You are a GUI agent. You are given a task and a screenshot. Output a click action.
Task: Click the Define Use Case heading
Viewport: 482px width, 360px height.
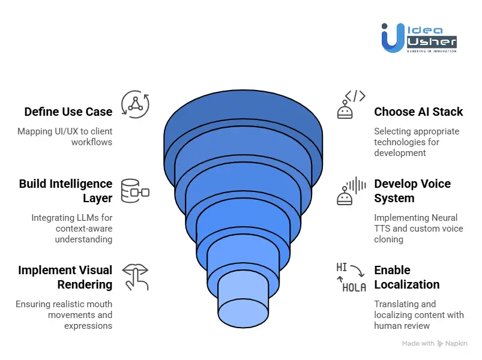(x=68, y=112)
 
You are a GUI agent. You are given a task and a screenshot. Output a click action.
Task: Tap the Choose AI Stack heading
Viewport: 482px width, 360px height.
(x=418, y=112)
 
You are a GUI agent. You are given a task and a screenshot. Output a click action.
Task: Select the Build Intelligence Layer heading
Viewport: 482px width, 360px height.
(x=65, y=191)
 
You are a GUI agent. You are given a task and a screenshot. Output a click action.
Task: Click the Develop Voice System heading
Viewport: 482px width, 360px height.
(x=412, y=191)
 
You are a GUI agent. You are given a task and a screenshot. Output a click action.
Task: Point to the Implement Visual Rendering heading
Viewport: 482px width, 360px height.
(x=65, y=277)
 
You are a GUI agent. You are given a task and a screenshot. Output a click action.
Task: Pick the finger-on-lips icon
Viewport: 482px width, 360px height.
(x=135, y=277)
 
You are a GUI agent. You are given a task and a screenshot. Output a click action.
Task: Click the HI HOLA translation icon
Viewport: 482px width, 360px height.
(x=351, y=277)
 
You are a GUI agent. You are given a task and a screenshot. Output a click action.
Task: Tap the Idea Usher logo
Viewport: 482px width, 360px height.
(x=418, y=38)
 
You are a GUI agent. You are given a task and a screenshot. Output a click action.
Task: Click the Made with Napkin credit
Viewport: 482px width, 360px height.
(x=434, y=344)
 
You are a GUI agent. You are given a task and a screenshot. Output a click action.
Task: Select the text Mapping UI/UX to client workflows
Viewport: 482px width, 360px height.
(x=65, y=136)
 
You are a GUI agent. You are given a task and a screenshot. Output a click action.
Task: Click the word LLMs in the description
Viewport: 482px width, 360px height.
(x=99, y=218)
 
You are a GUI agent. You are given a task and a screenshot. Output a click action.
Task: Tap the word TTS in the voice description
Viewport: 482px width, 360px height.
(x=384, y=228)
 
